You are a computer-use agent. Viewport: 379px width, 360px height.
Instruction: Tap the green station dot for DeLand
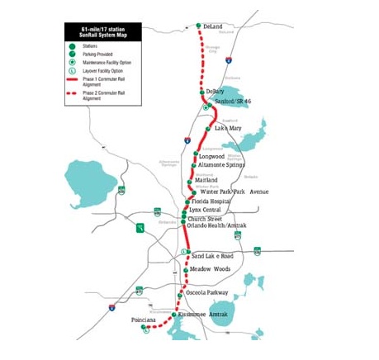(x=198, y=26)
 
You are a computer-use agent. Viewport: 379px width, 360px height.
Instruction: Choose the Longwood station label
(x=212, y=155)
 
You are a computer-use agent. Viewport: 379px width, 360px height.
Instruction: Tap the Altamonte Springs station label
(x=222, y=165)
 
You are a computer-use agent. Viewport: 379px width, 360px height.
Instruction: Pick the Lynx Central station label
(x=206, y=211)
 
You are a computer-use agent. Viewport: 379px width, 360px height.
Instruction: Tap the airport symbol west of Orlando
(x=141, y=228)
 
